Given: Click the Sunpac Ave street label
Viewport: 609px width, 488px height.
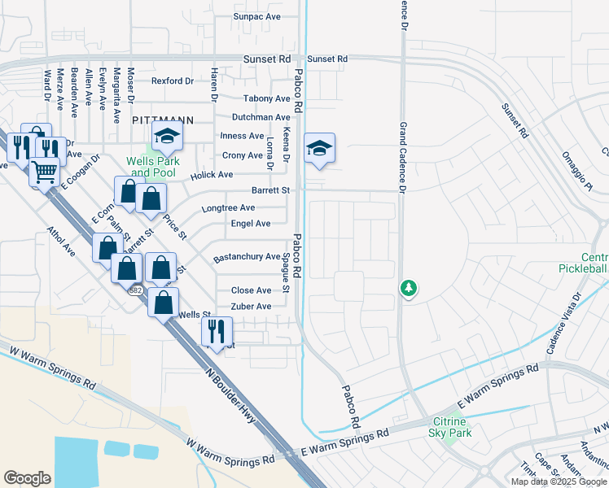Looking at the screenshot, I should pos(256,16).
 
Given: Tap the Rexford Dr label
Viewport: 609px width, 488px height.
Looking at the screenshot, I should pos(173,81).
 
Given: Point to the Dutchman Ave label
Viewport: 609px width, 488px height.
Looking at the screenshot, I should pos(261,118).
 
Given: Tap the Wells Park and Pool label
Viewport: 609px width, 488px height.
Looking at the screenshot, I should pos(152,167).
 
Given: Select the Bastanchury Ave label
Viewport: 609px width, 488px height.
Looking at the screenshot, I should pos(247,258).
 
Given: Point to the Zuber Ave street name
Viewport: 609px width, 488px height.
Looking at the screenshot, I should pos(252,307).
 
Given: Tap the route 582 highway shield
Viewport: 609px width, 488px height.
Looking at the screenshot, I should pos(134,290).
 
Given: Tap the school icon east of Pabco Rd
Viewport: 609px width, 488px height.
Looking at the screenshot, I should pos(319,148).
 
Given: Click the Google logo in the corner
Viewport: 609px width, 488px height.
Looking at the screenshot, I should pos(27,478).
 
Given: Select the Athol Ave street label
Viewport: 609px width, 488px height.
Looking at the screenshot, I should pos(61,242).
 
